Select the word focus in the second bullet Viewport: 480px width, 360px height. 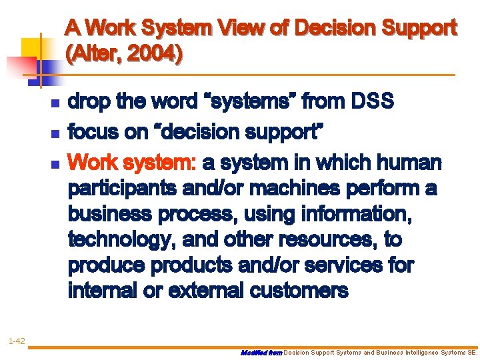95,132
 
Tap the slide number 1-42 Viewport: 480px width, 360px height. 17,341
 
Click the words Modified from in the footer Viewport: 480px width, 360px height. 261,352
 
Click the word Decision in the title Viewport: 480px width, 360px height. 332,28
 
